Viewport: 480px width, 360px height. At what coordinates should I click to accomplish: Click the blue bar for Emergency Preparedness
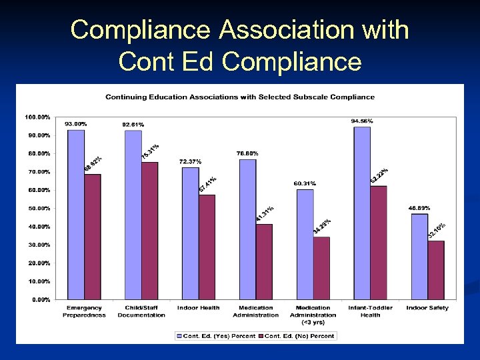tap(75, 214)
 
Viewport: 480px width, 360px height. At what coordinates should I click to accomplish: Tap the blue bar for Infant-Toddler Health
tap(362, 213)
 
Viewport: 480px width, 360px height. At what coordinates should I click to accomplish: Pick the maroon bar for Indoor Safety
tap(436, 270)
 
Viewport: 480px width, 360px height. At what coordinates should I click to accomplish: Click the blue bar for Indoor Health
tap(190, 233)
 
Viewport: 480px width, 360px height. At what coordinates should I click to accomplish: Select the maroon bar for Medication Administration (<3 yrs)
tap(321, 268)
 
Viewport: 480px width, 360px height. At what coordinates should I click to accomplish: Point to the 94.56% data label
tap(362, 121)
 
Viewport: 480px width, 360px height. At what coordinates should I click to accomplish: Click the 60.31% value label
tap(305, 183)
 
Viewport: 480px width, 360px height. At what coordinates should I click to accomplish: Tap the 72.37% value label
tap(190, 161)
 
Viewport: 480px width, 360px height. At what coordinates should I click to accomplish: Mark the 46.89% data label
tap(419, 208)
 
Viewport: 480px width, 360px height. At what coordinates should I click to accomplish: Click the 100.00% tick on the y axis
tap(37, 117)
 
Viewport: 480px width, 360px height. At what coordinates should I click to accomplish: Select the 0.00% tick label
tap(41, 300)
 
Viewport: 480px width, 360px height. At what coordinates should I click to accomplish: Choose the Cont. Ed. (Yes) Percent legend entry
tap(216, 336)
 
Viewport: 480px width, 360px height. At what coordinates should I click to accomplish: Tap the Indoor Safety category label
tap(427, 308)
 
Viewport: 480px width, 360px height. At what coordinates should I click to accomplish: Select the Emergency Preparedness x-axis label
tap(84, 311)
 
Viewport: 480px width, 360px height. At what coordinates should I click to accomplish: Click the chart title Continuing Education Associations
tap(240, 97)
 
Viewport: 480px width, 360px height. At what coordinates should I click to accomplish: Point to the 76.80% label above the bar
tap(247, 153)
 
